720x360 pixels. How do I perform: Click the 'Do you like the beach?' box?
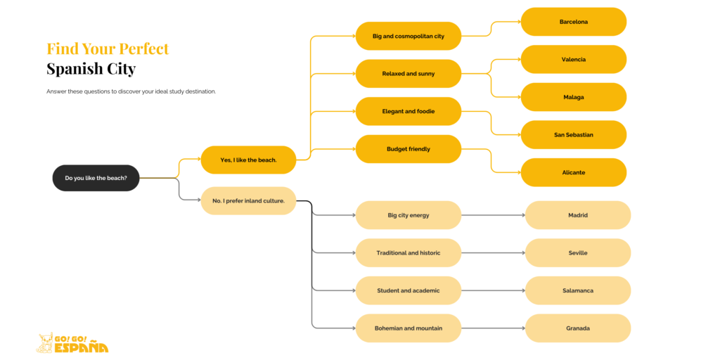pyautogui.click(x=96, y=178)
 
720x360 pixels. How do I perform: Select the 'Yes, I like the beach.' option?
pyautogui.click(x=248, y=160)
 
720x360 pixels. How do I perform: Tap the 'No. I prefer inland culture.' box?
pyautogui.click(x=248, y=200)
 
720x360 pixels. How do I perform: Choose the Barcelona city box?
pyautogui.click(x=573, y=22)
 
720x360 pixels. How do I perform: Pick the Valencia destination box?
pyautogui.click(x=573, y=60)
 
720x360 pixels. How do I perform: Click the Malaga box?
pyautogui.click(x=573, y=97)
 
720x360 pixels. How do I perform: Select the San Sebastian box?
pyautogui.click(x=573, y=135)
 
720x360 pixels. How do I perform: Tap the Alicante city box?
pyautogui.click(x=573, y=172)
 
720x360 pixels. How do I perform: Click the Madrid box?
pyautogui.click(x=578, y=215)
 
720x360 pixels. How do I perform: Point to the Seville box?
pyautogui.click(x=578, y=253)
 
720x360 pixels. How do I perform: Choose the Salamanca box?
pyautogui.click(x=578, y=290)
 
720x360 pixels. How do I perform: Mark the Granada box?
pyautogui.click(x=578, y=328)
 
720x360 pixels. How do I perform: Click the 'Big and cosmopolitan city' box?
pyautogui.click(x=408, y=36)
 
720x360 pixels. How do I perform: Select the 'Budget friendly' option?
pyautogui.click(x=408, y=149)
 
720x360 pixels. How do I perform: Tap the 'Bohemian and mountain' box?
pyautogui.click(x=408, y=328)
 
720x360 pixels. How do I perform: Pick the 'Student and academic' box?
pyautogui.click(x=408, y=290)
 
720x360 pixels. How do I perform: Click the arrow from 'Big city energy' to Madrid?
pyautogui.click(x=493, y=215)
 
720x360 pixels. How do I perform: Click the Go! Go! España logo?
pyautogui.click(x=72, y=343)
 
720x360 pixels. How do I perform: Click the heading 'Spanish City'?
pyautogui.click(x=91, y=70)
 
